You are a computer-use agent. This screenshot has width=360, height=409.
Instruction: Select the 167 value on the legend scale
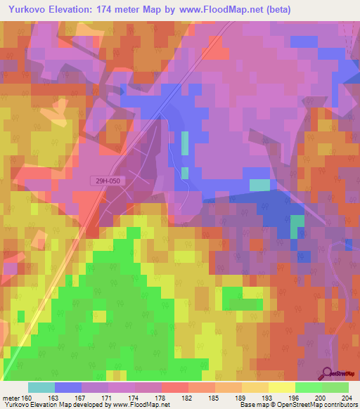[x=82, y=397]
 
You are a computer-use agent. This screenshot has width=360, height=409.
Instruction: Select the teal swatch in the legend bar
[x=41, y=387]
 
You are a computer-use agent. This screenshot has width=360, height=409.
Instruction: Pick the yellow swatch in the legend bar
[x=282, y=387]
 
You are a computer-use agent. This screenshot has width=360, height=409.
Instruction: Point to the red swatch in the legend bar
[x=175, y=387]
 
